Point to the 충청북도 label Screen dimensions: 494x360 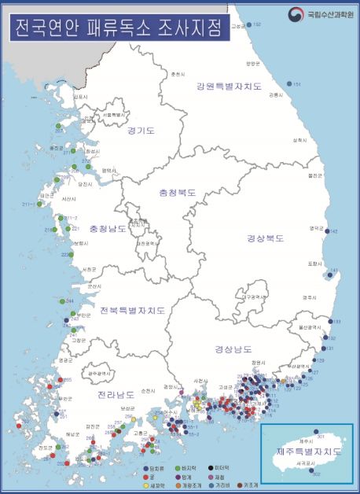click(177, 192)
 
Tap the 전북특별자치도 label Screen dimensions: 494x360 click(132, 311)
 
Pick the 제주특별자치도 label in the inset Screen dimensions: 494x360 click(308, 452)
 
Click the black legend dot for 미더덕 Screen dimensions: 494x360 click(208, 468)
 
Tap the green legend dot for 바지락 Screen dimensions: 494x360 click(176, 468)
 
